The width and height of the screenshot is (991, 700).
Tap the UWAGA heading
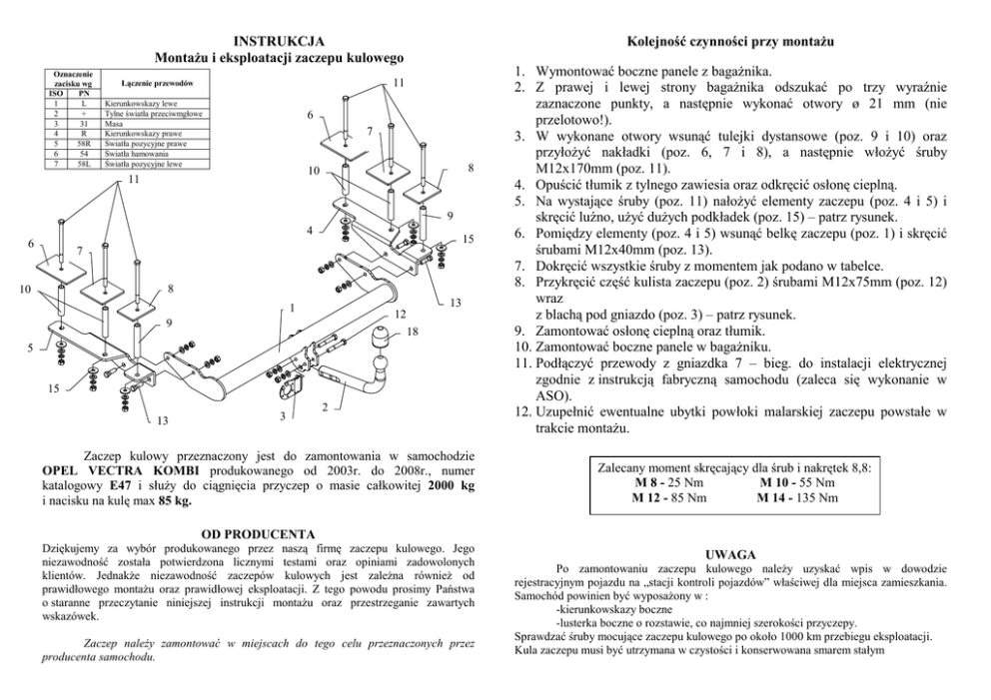(x=731, y=553)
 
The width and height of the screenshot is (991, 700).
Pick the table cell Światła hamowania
(x=132, y=154)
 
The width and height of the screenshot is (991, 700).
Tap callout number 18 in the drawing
(x=413, y=331)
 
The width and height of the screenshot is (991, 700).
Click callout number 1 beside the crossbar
(x=292, y=307)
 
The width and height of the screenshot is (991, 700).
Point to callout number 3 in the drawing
(x=283, y=415)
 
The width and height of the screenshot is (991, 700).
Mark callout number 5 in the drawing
(x=30, y=349)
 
